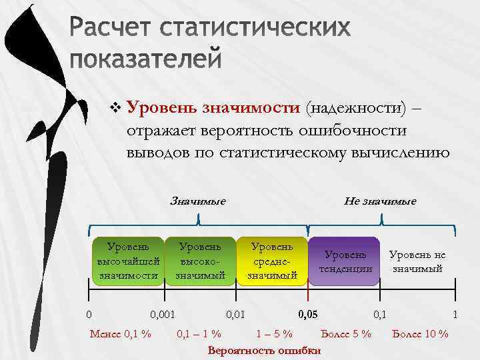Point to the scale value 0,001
[163, 313]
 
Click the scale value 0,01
[236, 313]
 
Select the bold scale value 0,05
[307, 313]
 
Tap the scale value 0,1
[380, 313]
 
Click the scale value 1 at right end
[455, 313]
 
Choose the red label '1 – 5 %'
[274, 333]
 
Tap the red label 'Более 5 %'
[346, 333]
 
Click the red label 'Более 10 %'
[421, 333]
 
